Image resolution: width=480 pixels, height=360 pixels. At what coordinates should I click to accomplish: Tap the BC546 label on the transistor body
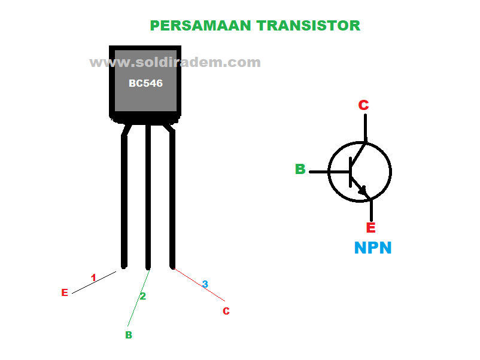[x=145, y=84]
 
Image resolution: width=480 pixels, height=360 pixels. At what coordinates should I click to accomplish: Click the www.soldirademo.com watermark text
[x=175, y=62]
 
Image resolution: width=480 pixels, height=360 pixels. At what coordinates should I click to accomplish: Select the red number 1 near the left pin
[x=93, y=278]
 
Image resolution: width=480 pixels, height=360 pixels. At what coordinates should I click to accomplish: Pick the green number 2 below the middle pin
[x=142, y=296]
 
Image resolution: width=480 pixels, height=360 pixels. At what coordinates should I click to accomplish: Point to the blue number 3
[x=205, y=285]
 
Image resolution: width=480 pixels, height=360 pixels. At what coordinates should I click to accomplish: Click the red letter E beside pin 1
[x=65, y=293]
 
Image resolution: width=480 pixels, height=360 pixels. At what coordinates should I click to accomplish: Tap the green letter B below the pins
[x=128, y=335]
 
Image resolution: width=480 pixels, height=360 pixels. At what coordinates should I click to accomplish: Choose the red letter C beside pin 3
[x=226, y=312]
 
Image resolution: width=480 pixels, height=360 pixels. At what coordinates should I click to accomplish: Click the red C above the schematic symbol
[x=363, y=105]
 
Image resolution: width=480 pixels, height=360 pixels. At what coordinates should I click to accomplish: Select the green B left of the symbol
[x=300, y=170]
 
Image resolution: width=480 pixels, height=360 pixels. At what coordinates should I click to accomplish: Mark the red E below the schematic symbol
[x=370, y=228]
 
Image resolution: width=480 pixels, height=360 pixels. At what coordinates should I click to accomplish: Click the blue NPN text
[x=373, y=248]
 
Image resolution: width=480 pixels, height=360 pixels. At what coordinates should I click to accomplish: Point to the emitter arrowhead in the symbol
[x=363, y=190]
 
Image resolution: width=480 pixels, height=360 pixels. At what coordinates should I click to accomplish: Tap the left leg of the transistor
[x=124, y=203]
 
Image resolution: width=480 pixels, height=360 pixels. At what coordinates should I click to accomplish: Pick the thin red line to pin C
[x=200, y=285]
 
